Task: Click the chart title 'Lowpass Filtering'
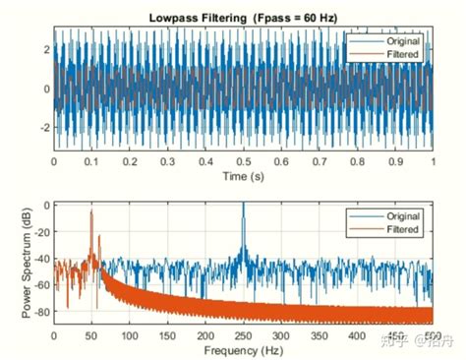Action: pos(198,18)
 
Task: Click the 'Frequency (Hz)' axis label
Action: pos(243,349)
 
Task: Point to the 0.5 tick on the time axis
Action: pos(243,160)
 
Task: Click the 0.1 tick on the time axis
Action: pos(91,160)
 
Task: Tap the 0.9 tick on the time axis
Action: pos(395,160)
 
